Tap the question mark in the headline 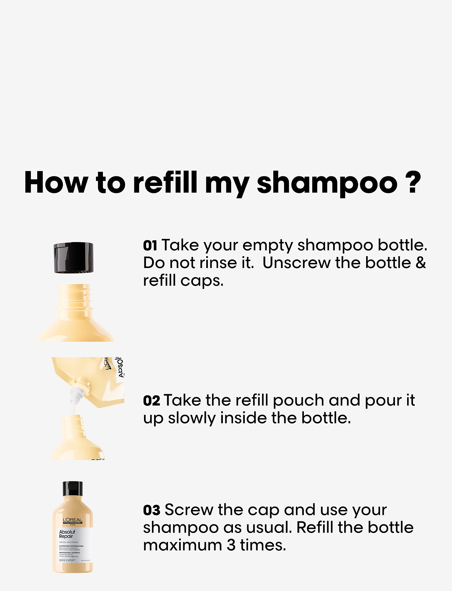[413, 182]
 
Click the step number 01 [150, 246]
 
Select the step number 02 [151, 401]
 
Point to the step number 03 [152, 510]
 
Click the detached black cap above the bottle [73, 258]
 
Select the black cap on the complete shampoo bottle [73, 488]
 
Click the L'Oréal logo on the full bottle [73, 521]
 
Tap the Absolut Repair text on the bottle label [67, 534]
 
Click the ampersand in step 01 [420, 263]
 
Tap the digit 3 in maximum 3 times [231, 545]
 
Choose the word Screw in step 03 [189, 510]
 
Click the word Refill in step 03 [315, 528]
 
